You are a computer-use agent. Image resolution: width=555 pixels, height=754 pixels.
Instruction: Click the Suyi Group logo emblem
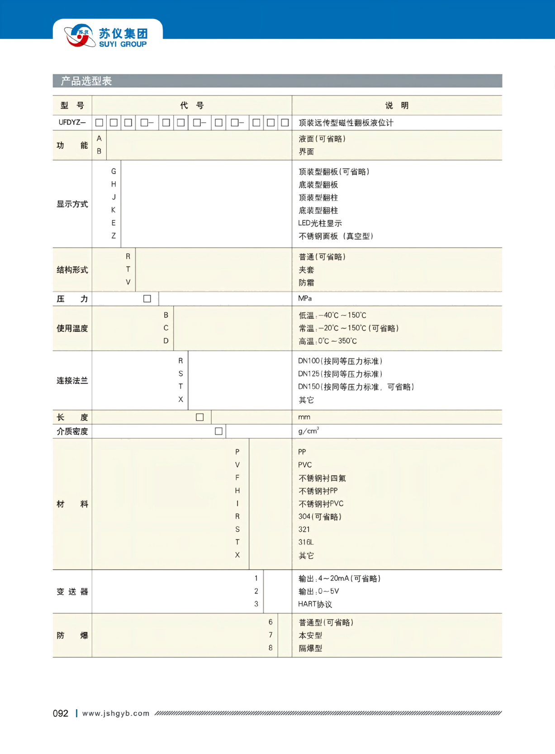79,35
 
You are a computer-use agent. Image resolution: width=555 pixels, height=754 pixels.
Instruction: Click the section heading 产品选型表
86,81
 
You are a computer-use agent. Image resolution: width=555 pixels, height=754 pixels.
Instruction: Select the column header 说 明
396,105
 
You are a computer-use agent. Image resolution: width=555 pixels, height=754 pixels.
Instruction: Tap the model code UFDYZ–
72,123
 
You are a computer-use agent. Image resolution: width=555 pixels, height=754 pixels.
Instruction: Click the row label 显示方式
72,204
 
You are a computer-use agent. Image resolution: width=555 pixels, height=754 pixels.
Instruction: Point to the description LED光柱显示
320,223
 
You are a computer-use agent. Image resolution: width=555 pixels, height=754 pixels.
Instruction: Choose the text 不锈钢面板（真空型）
336,236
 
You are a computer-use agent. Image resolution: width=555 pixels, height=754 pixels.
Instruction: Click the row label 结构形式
72,270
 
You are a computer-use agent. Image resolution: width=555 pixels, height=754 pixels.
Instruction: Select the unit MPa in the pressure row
305,299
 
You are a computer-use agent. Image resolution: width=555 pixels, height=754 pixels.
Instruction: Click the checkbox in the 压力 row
147,299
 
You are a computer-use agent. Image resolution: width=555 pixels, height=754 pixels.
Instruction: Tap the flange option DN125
340,374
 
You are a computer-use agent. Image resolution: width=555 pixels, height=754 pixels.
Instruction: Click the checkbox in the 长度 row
199,417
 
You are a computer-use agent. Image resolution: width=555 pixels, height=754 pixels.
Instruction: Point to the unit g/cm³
308,431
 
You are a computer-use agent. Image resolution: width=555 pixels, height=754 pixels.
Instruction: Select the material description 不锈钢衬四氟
322,478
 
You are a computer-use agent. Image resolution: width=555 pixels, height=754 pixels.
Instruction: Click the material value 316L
306,542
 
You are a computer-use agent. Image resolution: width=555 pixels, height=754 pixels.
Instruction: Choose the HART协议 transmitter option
315,604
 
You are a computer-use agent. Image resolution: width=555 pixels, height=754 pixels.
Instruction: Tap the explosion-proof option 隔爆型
310,648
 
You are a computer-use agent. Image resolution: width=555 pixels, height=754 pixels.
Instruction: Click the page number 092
60,714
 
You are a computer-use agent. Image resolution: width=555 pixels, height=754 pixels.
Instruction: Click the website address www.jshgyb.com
116,714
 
